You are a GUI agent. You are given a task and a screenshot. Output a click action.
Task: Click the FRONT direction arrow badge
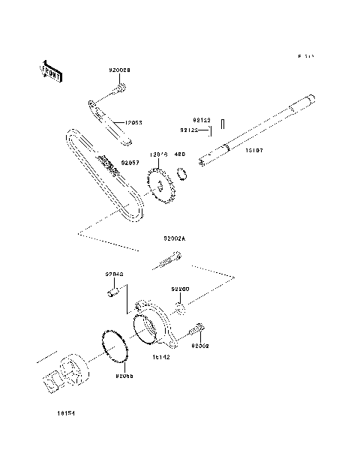50,71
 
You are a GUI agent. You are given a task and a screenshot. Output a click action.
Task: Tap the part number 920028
119,70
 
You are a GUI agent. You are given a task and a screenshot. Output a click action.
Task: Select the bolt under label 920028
119,91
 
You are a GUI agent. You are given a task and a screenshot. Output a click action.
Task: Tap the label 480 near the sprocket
179,154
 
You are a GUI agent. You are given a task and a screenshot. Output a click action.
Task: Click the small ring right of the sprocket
181,177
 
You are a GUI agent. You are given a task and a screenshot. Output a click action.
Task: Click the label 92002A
174,238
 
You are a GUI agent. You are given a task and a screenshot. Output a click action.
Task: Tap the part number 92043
113,275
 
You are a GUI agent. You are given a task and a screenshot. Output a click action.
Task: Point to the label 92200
180,289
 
